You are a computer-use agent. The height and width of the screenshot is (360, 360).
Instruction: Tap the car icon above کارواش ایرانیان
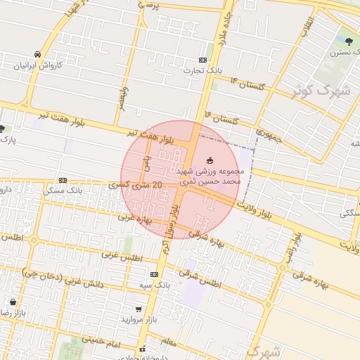(x=37, y=54)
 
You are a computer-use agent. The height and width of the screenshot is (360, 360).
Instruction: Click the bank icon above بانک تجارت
(x=203, y=60)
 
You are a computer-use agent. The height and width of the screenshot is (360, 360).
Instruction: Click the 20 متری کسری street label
(x=137, y=185)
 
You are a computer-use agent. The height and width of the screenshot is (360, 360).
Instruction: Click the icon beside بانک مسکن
(x=63, y=180)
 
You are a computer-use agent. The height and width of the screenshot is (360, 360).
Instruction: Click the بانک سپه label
(x=155, y=285)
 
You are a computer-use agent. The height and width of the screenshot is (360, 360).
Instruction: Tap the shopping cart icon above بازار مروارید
(x=139, y=309)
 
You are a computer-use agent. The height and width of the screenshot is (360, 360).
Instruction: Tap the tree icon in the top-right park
(x=350, y=40)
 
